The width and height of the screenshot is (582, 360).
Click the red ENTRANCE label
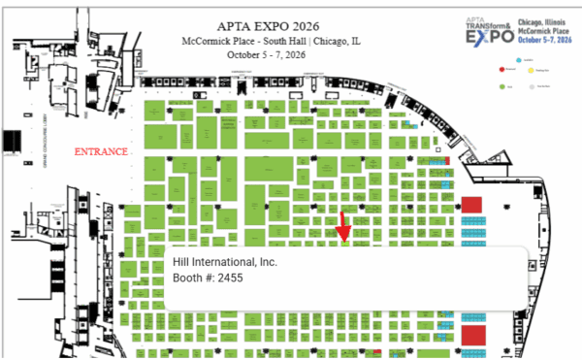[x=102, y=152]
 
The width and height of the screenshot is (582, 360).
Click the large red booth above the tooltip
[x=471, y=206]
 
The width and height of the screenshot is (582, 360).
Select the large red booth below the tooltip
[x=472, y=336]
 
